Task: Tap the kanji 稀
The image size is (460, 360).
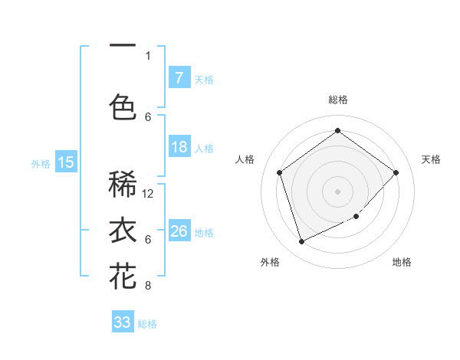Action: click(123, 185)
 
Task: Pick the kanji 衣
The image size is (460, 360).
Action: click(123, 230)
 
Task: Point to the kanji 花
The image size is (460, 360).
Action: click(123, 276)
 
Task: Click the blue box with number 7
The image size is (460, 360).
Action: click(179, 77)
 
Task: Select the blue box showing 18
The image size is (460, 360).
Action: click(179, 147)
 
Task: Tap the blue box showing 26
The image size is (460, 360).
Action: click(179, 231)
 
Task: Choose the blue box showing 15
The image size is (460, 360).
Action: click(66, 162)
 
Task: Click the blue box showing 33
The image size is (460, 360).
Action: click(123, 322)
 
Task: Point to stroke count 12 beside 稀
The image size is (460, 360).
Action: click(149, 194)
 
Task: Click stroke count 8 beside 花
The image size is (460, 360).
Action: click(148, 286)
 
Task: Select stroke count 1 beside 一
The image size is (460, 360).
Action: click(148, 55)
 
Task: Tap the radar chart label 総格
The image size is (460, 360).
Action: click(337, 100)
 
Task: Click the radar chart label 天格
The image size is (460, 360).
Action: click(431, 159)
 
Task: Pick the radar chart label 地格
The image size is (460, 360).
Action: click(402, 262)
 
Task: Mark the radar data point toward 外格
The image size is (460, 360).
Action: click(301, 242)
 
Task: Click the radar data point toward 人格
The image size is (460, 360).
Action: click(279, 172)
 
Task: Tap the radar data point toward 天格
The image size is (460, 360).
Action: click(396, 172)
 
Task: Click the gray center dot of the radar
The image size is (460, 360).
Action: click(337, 191)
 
